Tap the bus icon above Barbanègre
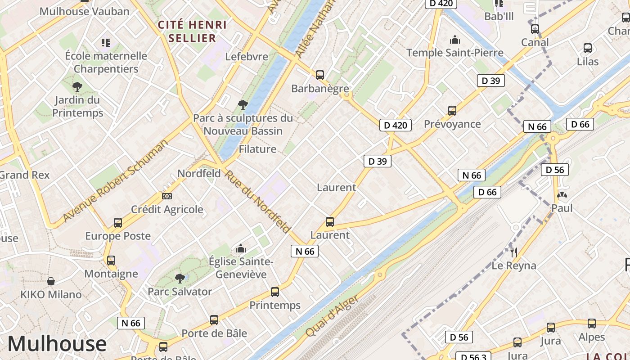pos(320,75)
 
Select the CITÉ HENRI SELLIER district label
pos(193,31)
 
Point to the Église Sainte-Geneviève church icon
pos(241,248)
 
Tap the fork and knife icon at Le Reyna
pos(514,252)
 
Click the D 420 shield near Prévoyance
pos(396,125)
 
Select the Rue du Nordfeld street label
pos(257,202)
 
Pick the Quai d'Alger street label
pos(332,316)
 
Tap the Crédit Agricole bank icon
pos(167,196)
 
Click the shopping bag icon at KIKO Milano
pos(51,281)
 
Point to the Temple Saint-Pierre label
pos(455,53)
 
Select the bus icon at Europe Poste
pos(118,222)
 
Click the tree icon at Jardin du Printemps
pos(77,86)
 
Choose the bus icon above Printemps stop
pos(275,292)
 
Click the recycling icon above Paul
pos(562,195)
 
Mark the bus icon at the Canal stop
pos(535,29)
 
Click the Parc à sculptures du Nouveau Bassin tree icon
pos(243,105)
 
